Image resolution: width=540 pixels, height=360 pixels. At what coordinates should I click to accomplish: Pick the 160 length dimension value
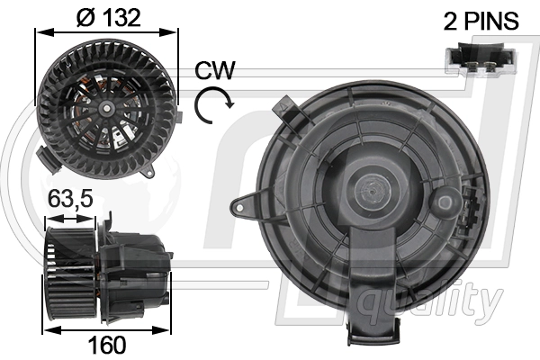click(107, 344)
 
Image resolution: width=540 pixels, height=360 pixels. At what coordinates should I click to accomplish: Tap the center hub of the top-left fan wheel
click(107, 108)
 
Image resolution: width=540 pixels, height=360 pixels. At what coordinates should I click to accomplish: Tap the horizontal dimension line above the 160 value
click(107, 328)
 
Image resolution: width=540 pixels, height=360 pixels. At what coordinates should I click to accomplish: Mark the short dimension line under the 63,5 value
click(77, 217)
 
